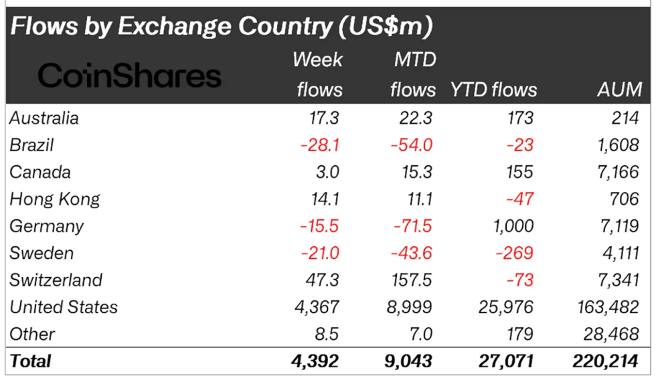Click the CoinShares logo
pos(129,76)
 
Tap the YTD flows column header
pos(493,89)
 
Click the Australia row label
pos(44,118)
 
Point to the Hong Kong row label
pos(55,199)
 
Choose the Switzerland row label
pos(56,280)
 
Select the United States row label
pos(64,307)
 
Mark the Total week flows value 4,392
pos(317,361)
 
